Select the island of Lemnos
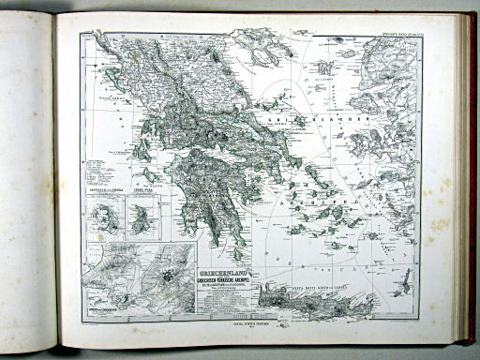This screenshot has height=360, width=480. (323, 67)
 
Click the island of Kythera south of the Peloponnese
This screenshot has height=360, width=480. (232, 253)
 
